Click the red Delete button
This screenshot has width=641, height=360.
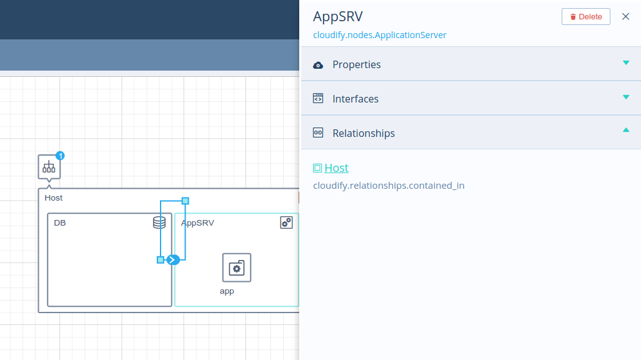585,17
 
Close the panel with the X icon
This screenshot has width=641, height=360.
625,16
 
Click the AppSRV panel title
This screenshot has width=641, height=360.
337,16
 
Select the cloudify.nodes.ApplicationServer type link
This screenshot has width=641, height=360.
379,35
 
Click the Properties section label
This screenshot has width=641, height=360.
357,64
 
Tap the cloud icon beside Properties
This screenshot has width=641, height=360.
318,65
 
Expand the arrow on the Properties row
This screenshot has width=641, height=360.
626,63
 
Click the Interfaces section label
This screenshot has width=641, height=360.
355,99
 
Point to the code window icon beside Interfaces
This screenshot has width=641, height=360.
318,98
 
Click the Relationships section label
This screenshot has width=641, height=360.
364,133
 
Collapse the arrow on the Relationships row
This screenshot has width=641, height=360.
626,130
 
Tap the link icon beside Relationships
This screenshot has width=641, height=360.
318,132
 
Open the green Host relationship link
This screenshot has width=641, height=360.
336,167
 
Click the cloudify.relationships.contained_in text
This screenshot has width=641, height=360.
389,186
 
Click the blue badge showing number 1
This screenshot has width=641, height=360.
60,156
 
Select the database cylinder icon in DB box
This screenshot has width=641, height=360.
159,222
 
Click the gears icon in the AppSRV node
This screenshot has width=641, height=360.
286,222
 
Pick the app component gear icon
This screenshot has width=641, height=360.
237,268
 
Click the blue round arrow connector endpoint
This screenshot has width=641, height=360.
173,260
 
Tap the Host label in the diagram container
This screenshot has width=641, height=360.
54,198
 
